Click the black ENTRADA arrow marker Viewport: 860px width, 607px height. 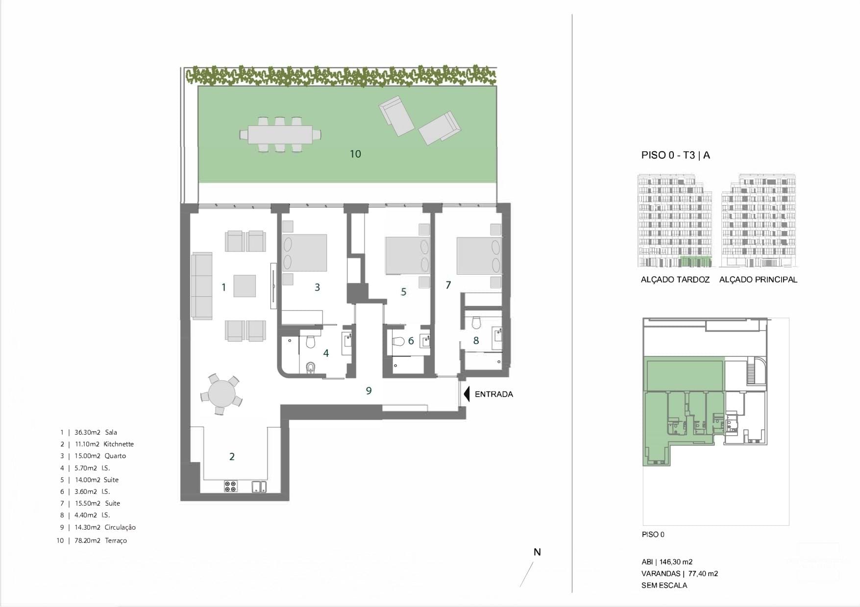tap(467, 394)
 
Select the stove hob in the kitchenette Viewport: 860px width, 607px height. tap(230, 486)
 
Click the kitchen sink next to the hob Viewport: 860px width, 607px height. tap(259, 486)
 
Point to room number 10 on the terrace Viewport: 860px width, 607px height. tap(355, 154)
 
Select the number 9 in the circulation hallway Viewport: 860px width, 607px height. tap(369, 391)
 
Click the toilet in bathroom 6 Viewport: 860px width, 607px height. tap(398, 341)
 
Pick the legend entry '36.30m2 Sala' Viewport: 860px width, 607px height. tap(96, 432)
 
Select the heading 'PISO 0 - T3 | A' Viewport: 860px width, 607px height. tap(675, 155)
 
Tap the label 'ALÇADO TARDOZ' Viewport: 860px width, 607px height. tap(675, 280)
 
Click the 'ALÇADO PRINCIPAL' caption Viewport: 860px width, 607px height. tap(758, 280)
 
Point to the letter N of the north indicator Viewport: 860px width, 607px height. tap(537, 552)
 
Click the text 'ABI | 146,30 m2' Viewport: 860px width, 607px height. tap(666, 562)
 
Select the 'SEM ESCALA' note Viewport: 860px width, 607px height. tap(664, 585)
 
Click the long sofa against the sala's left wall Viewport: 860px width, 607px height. tap(201, 285)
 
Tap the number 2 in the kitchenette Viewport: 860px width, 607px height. tap(232, 457)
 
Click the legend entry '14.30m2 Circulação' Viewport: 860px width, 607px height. tap(105, 527)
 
